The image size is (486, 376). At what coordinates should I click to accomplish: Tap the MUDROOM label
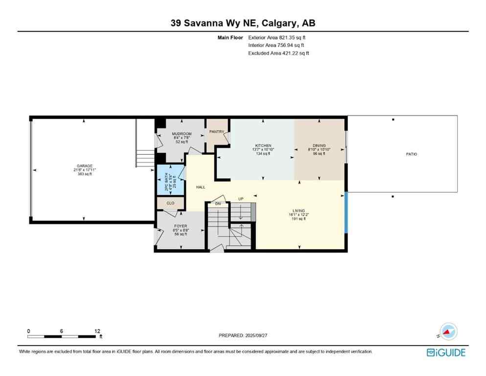(181, 134)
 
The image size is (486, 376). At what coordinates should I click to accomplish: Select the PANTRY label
(216, 132)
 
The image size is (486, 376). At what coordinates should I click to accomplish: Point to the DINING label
(319, 146)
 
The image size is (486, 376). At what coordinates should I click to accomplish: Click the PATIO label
(411, 154)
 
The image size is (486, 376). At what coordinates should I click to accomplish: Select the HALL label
(201, 187)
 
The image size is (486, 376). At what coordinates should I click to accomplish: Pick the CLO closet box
(170, 203)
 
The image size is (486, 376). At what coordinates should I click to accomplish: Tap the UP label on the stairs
(240, 199)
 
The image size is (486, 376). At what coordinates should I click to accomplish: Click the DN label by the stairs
(218, 204)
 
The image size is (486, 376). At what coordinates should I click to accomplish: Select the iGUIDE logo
(446, 352)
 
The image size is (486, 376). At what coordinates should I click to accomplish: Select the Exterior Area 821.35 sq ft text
(278, 37)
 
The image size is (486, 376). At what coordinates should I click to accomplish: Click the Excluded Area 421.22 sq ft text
(278, 53)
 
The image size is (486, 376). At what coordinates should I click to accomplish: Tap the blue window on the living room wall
(346, 212)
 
